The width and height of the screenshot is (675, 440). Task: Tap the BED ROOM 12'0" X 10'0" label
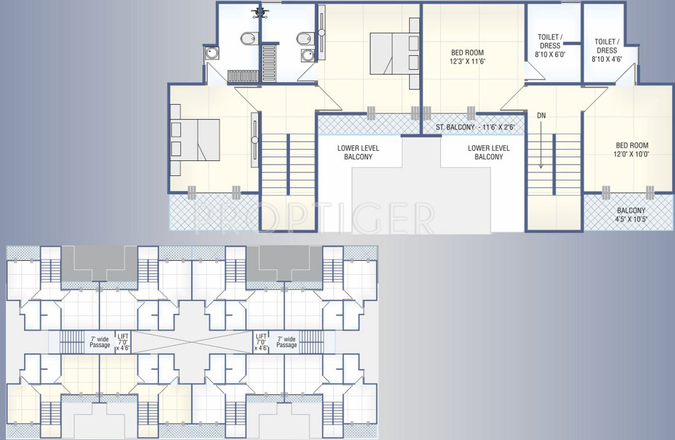click(x=632, y=150)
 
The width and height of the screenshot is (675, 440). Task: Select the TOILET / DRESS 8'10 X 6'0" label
click(x=550, y=46)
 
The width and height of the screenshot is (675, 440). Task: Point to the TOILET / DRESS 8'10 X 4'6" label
click(x=606, y=50)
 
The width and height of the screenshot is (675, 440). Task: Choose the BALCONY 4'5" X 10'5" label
click(x=631, y=214)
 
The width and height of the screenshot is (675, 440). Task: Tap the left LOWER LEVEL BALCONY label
click(x=358, y=152)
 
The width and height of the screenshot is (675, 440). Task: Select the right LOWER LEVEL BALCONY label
click(x=489, y=152)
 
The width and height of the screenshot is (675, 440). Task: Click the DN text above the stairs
click(x=541, y=116)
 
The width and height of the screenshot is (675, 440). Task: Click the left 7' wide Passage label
click(x=100, y=342)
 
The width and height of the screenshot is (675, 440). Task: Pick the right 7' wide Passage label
click(x=287, y=342)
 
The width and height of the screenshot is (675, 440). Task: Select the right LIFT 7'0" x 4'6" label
click(x=261, y=342)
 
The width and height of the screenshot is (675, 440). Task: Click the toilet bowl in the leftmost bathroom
click(x=245, y=40)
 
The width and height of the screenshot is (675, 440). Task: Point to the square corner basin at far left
click(x=210, y=53)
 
